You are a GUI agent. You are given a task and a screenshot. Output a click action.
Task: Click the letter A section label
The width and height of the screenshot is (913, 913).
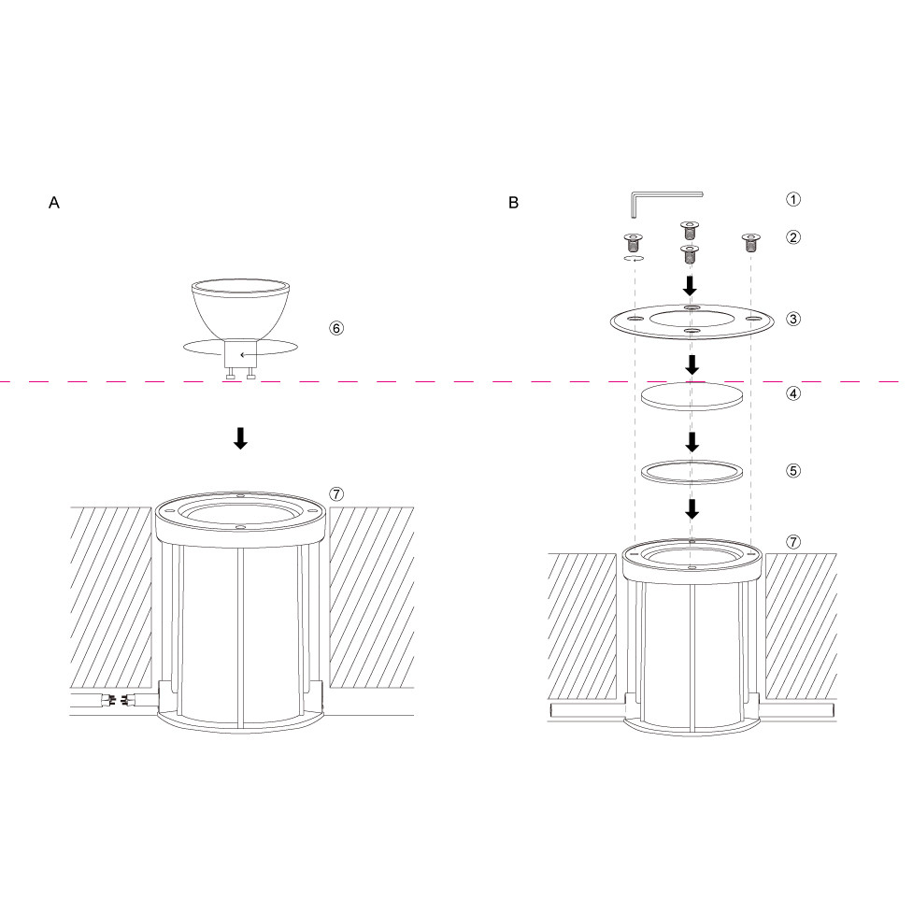tap(54, 203)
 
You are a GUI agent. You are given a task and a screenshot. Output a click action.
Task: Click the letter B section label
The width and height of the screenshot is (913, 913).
tap(513, 203)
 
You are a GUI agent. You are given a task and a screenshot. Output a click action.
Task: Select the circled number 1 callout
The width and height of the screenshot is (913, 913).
tap(793, 199)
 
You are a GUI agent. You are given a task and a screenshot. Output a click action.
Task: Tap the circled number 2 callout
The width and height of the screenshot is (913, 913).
tap(793, 237)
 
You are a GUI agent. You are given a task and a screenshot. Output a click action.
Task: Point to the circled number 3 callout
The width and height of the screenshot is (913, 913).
tap(793, 319)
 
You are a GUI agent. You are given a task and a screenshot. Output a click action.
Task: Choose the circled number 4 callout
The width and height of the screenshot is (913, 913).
tap(793, 393)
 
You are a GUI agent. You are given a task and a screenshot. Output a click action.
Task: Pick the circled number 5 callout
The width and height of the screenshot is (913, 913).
tap(793, 470)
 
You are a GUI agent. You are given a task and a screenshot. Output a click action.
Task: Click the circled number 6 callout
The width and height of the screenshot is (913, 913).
tap(336, 328)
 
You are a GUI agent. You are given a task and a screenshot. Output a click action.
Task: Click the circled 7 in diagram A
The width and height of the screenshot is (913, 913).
tap(336, 494)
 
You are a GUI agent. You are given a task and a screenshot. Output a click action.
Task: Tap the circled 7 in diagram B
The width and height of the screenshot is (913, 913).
tap(793, 542)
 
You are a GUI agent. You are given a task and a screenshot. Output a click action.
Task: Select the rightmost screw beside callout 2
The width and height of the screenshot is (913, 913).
tap(750, 242)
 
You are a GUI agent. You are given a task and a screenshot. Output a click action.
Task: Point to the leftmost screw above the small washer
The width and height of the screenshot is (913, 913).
tap(633, 242)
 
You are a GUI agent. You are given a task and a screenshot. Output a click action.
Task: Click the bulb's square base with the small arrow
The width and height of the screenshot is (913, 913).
tap(240, 353)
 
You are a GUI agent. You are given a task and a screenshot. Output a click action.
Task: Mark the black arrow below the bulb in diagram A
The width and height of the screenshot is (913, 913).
tap(240, 438)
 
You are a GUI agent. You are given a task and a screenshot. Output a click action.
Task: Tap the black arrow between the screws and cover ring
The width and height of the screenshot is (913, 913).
tap(690, 286)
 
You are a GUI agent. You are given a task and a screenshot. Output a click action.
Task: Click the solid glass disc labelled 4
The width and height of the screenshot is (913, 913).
tap(692, 396)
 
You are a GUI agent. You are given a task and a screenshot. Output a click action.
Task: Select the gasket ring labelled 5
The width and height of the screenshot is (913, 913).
tap(692, 472)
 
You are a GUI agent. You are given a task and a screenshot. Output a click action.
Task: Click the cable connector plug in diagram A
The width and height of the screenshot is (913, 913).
tap(116, 698)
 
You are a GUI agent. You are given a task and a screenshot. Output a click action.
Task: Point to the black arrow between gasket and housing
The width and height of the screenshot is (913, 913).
tap(692, 509)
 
